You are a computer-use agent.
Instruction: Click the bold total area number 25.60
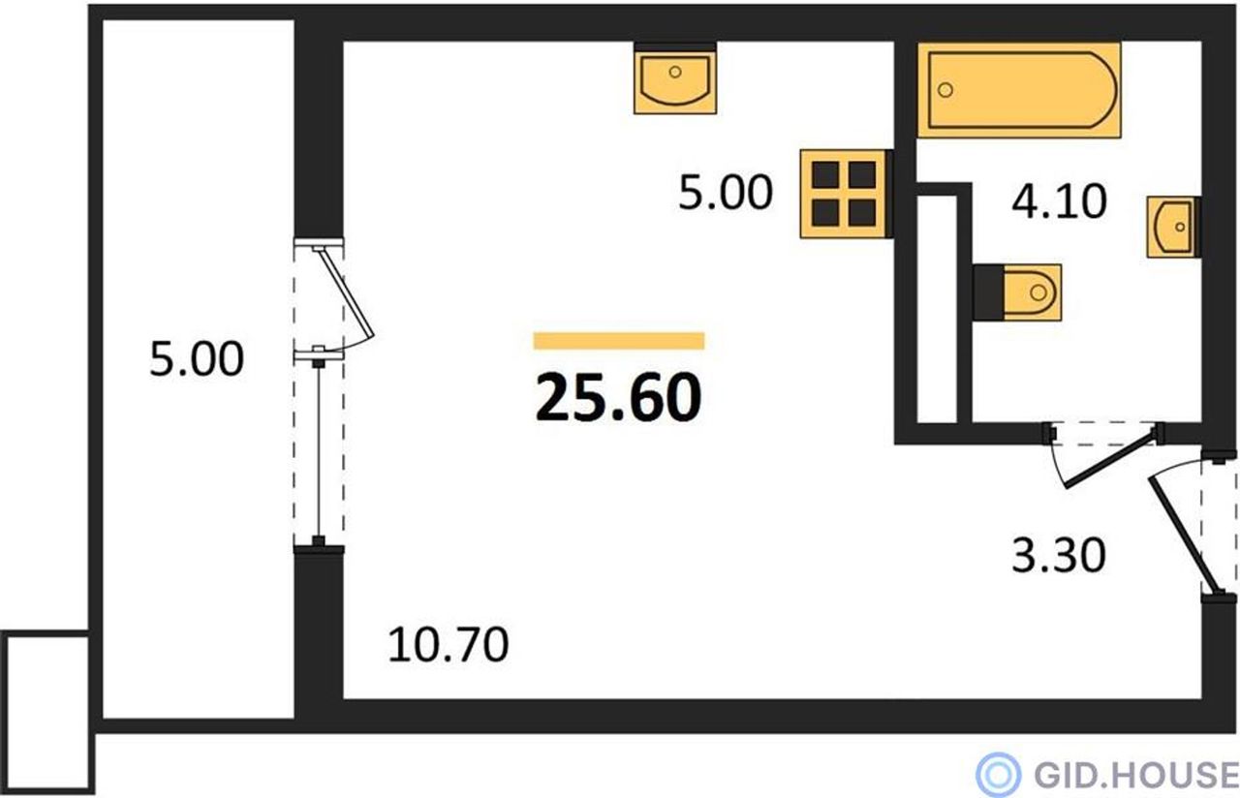click(618, 397)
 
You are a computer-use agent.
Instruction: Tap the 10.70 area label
click(448, 645)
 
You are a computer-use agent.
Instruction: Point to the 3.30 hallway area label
click(1059, 555)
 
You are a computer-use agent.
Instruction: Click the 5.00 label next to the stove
click(726, 192)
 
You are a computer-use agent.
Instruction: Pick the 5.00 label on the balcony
click(197, 359)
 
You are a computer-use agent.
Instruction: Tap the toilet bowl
click(1017, 292)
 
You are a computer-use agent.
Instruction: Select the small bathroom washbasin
click(1173, 227)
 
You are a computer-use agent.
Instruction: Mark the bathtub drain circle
click(945, 90)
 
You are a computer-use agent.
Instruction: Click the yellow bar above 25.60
click(619, 341)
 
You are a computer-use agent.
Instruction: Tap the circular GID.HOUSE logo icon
click(998, 774)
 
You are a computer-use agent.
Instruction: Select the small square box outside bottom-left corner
click(47, 712)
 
